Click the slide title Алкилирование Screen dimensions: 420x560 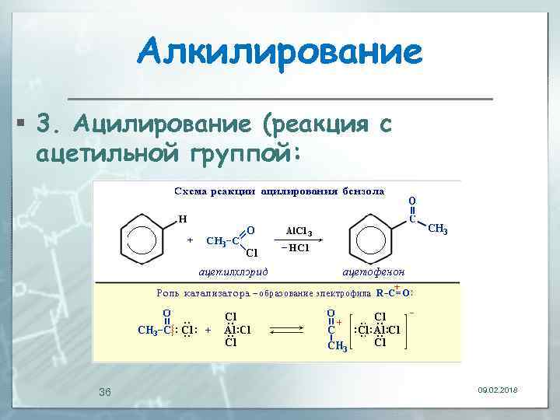pos(280,53)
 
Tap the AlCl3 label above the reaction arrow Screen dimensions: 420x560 pos(299,231)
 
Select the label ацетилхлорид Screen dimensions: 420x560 pos(233,270)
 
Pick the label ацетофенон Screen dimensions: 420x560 pos(368,270)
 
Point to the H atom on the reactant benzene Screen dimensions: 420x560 pos(183,219)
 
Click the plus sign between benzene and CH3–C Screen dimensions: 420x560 pos(191,240)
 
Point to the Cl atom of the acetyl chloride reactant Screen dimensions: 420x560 pos(251,252)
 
